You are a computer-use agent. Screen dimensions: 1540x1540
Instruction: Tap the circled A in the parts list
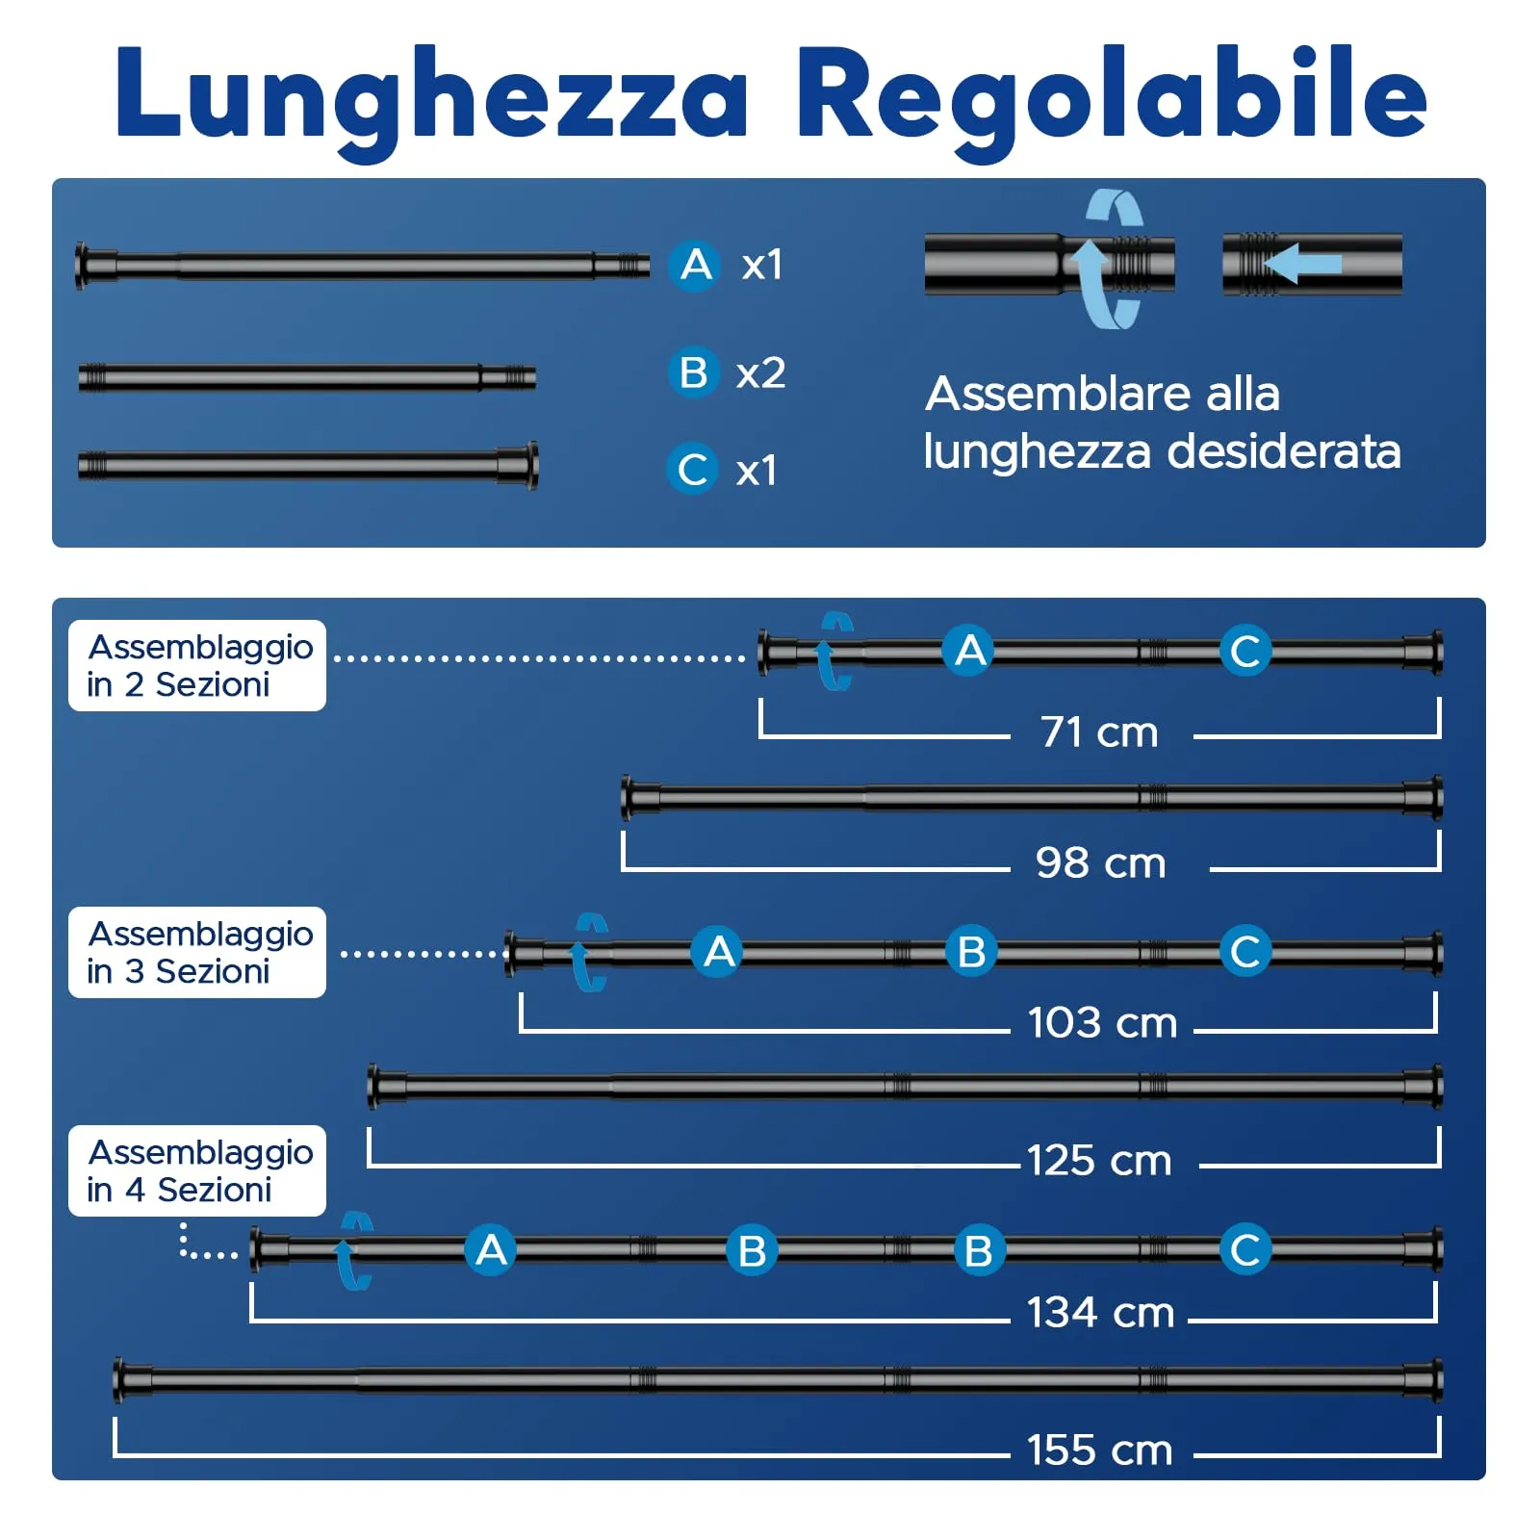pyautogui.click(x=695, y=265)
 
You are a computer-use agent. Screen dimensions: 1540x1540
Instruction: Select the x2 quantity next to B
pyautogui.click(x=760, y=373)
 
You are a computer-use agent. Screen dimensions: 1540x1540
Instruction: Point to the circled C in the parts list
pyautogui.click(x=693, y=469)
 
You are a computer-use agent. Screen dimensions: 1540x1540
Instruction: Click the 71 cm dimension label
pyautogui.click(x=1099, y=732)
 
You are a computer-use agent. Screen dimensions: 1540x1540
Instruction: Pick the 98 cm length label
pyautogui.click(x=1101, y=862)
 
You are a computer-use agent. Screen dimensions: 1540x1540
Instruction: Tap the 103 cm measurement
pyautogui.click(x=1103, y=1022)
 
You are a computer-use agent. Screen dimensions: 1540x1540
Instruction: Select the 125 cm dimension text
pyautogui.click(x=1099, y=1161)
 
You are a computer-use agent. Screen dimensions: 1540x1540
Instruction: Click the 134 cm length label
pyautogui.click(x=1100, y=1313)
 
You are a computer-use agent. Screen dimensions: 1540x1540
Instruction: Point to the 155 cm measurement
pyautogui.click(x=1100, y=1450)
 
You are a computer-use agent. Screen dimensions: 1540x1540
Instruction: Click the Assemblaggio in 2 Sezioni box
pyautogui.click(x=197, y=665)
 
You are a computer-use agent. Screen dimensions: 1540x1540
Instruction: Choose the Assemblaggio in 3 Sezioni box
pyautogui.click(x=197, y=952)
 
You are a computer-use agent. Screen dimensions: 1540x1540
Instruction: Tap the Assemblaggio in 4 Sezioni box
pyautogui.click(x=197, y=1170)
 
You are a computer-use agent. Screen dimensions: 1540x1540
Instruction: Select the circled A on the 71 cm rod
pyautogui.click(x=969, y=651)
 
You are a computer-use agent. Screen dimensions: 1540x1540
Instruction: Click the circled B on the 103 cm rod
pyautogui.click(x=971, y=951)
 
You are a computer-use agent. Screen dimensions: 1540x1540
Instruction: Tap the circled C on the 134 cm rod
pyautogui.click(x=1245, y=1250)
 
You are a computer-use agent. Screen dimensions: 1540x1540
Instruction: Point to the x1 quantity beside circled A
pyautogui.click(x=762, y=265)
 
